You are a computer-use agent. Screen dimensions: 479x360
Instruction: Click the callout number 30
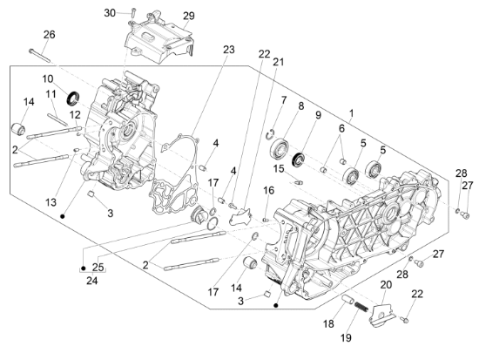pos(110,13)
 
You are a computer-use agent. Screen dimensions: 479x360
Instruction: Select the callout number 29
pos(188,16)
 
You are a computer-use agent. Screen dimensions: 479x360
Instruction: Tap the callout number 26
pos(49,35)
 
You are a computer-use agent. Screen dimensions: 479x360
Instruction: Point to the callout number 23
pos(228,50)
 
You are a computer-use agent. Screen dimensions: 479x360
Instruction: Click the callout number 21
pos(278,62)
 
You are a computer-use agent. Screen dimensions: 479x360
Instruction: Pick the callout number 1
pos(351,113)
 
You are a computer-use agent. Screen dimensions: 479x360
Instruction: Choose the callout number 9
pos(318,115)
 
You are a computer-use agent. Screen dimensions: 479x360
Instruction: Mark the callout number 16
pos(269,191)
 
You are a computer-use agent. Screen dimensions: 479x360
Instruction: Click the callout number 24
pos(92,280)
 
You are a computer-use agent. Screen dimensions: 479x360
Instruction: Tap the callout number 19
pos(346,338)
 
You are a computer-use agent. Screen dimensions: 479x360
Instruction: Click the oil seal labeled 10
pos(73,98)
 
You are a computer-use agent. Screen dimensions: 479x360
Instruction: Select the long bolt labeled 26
pos(39,56)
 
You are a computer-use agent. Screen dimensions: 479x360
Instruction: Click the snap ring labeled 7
pos(267,135)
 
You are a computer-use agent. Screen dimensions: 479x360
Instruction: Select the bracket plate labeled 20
pos(381,314)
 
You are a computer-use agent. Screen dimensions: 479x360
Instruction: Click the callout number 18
pos(328,324)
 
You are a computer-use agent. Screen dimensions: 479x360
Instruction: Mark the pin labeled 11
pos(57,119)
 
